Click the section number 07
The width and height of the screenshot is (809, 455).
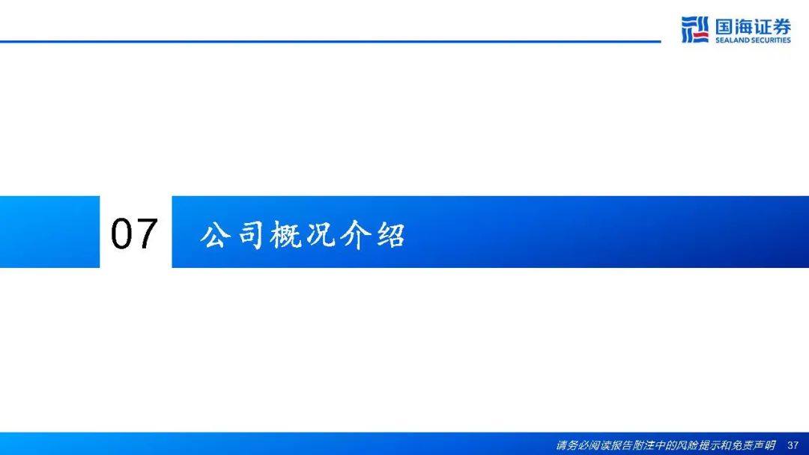tap(134, 233)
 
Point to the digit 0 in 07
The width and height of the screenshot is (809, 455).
tap(122, 233)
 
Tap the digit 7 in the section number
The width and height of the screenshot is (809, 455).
tap(147, 233)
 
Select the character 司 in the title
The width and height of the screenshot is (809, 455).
tap(251, 235)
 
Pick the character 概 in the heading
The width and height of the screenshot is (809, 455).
tap(285, 235)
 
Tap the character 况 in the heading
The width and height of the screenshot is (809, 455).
tap(321, 235)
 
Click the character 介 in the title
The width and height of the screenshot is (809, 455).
tap(356, 235)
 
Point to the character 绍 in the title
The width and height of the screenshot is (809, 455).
tap(390, 235)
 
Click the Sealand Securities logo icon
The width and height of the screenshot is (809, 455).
tap(694, 29)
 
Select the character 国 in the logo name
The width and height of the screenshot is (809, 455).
tap(724, 26)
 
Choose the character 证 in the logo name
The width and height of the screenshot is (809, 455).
tap(763, 26)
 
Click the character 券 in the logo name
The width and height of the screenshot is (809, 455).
tap(781, 26)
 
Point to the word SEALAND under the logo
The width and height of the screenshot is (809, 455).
tap(733, 40)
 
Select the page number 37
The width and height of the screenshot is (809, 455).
tap(793, 445)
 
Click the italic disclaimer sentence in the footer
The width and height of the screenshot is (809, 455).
tap(666, 445)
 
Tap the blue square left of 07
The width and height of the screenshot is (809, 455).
tap(49, 232)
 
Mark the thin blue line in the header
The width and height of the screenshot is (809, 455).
tap(330, 41)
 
